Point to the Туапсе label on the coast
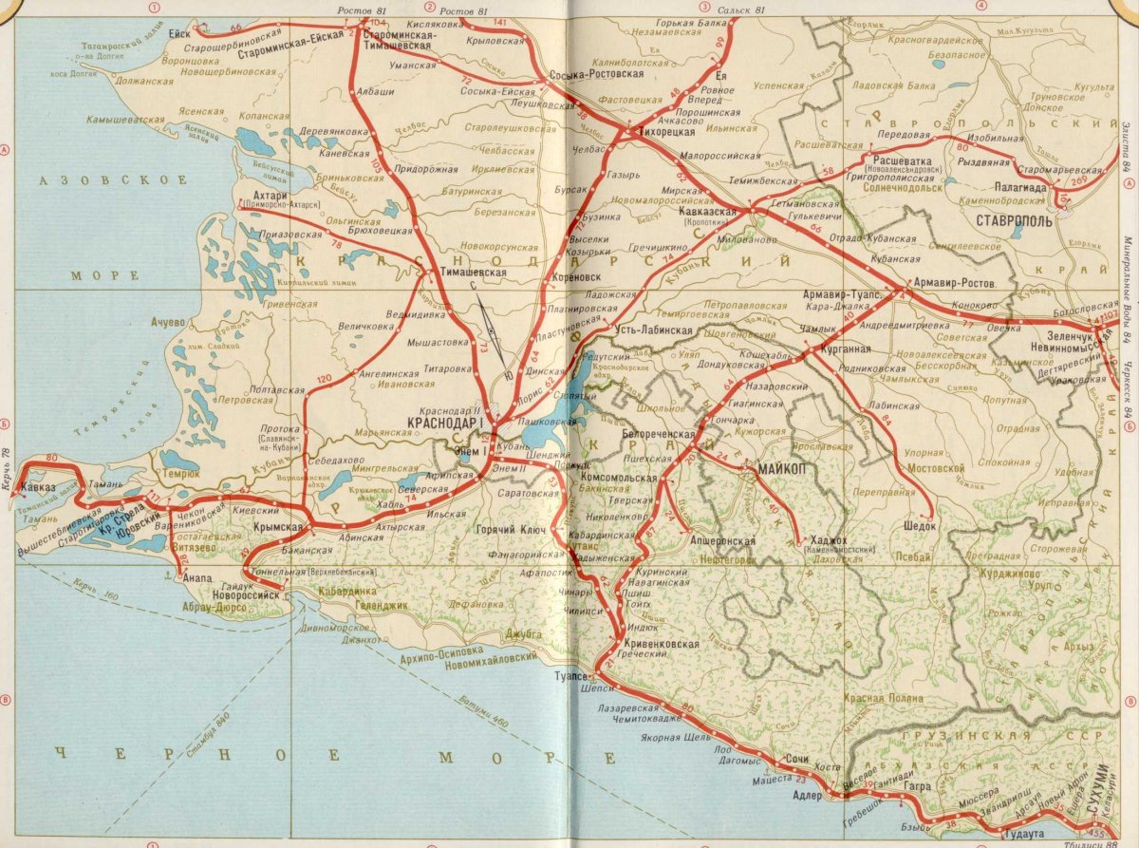point(572,676)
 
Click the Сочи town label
point(797,760)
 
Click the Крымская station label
point(282,527)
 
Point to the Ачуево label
point(167,322)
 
